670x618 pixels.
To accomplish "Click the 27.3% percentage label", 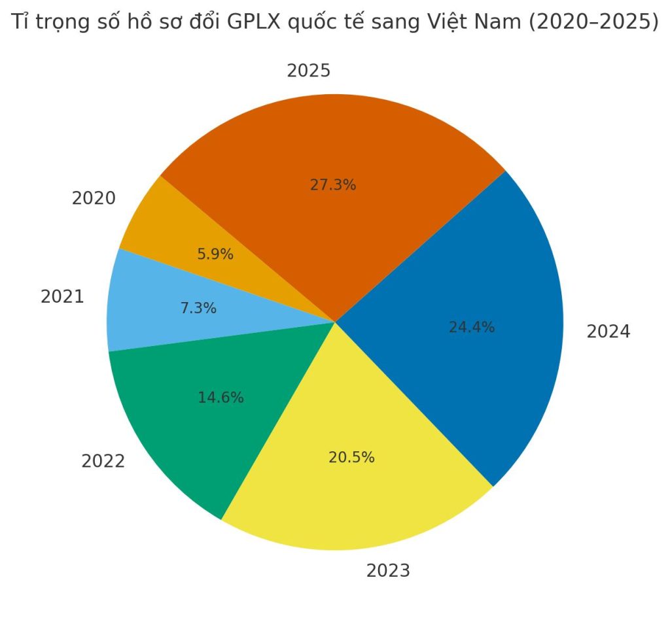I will pos(332,185).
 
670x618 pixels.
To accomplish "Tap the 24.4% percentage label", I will pos(471,328).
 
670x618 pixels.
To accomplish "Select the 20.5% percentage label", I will pos(351,458).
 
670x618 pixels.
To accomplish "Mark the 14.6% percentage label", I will pos(220,397).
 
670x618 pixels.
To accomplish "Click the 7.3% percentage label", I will pos(198,308).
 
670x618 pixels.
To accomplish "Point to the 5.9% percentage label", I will pos(215,254).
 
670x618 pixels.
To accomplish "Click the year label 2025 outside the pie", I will pos(308,71).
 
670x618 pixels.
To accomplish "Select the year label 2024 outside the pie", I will pos(608,332).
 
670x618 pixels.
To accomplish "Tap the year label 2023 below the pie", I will pos(388,571).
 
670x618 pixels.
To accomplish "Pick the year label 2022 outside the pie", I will pos(103,461).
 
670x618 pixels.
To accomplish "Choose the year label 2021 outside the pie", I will pos(62,297).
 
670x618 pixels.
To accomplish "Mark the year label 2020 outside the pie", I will pos(94,198).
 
